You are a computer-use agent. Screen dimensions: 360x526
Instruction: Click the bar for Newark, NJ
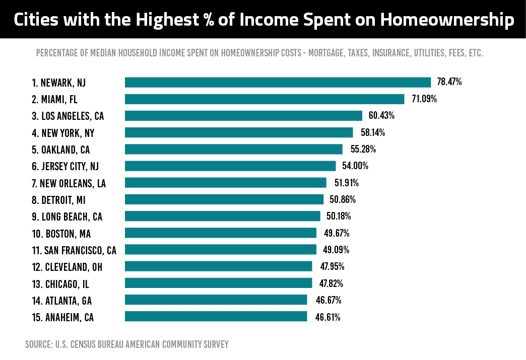coord(278,83)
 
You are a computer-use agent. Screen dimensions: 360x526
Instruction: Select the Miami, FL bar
coord(265,99)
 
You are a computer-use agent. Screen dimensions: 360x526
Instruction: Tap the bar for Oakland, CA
coord(233,150)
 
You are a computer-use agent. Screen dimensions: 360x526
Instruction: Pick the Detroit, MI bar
coord(224,199)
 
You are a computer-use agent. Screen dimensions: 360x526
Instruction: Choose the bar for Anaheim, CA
coord(216,316)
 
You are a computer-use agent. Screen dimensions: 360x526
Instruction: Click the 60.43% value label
coord(381,116)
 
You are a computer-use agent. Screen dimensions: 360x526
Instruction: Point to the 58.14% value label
coord(372,133)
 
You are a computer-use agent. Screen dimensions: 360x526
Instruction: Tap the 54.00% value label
coord(355,166)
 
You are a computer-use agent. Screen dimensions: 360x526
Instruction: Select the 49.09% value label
coord(336,250)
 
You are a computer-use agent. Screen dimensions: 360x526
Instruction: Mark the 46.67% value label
coord(328,300)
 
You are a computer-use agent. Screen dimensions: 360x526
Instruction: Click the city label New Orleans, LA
coord(69,183)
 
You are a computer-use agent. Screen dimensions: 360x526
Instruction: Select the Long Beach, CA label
coord(67,217)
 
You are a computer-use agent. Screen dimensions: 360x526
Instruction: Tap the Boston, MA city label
coord(61,234)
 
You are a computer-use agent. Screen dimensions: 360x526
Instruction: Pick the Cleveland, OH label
coord(67,267)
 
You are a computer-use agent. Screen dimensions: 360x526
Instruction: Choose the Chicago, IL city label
coord(60,284)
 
